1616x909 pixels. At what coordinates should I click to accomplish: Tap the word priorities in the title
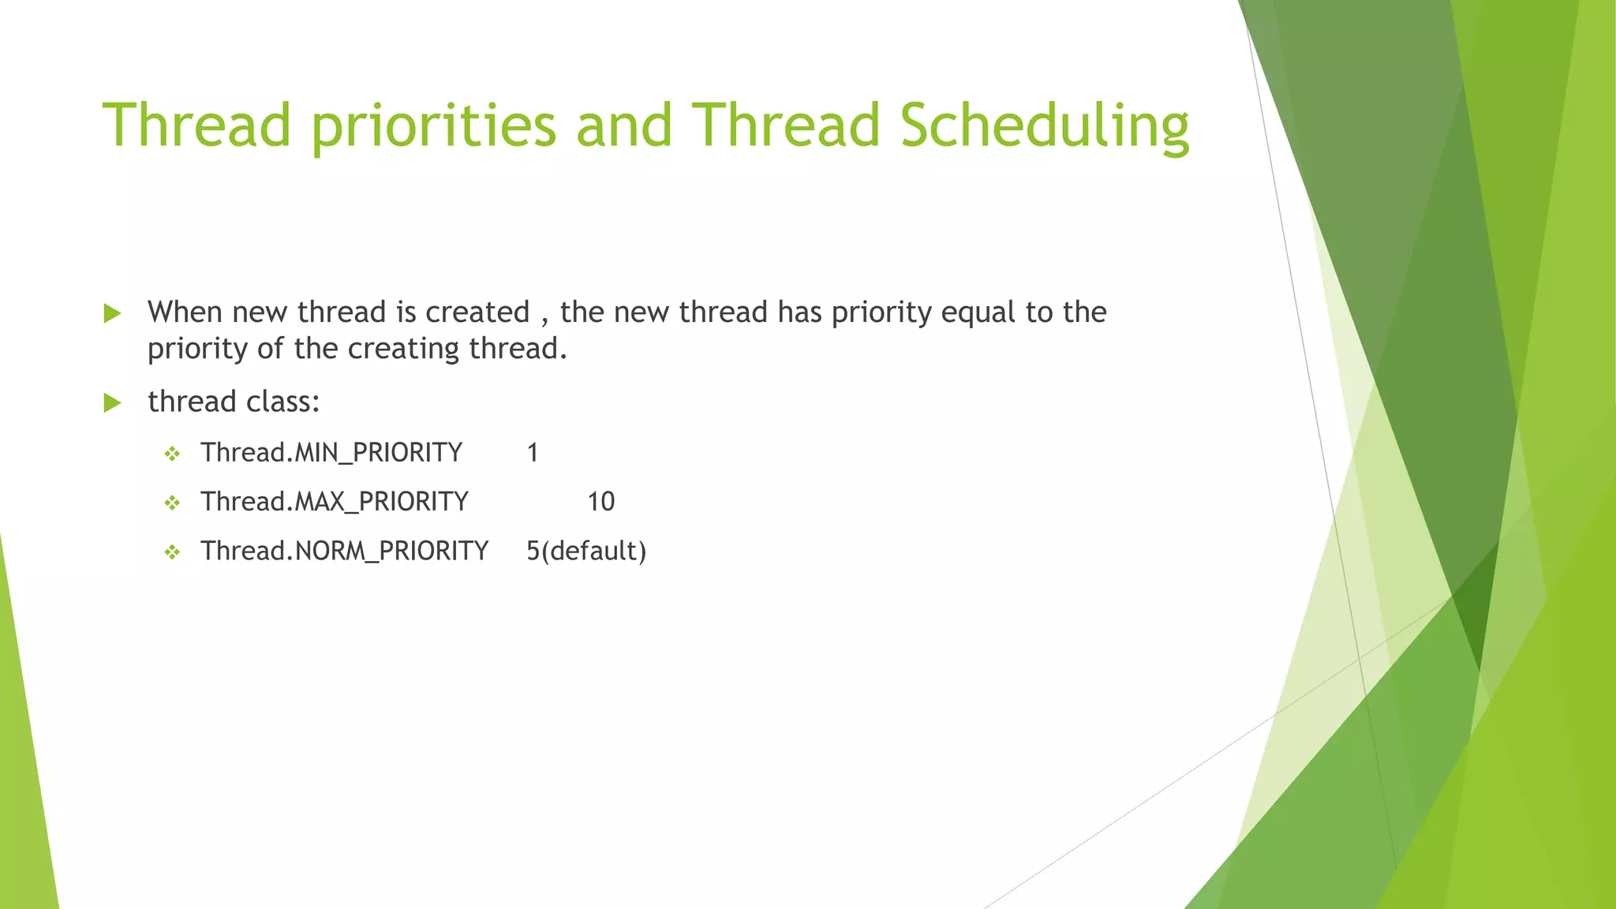pos(434,126)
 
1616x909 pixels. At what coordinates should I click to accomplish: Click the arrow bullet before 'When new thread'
pos(112,314)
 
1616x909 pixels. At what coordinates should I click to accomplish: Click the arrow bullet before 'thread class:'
pos(112,403)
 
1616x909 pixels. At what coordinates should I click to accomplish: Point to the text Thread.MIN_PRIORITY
pos(331,453)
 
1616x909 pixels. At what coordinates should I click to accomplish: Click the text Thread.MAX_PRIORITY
pos(334,502)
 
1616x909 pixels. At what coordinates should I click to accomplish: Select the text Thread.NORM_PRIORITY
pos(344,551)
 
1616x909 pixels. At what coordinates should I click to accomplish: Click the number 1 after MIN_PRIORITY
pos(533,453)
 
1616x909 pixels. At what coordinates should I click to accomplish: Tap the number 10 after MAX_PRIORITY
pos(600,502)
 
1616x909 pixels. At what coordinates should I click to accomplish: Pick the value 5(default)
pos(586,551)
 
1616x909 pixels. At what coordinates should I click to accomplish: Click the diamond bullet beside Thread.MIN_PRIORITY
pos(172,454)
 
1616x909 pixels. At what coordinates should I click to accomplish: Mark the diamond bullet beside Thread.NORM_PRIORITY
pos(172,552)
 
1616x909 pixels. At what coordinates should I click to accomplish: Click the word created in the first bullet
pos(477,312)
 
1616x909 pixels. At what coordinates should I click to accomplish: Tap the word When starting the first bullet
pos(185,312)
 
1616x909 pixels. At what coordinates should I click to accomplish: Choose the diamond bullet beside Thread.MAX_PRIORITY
pos(172,503)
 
